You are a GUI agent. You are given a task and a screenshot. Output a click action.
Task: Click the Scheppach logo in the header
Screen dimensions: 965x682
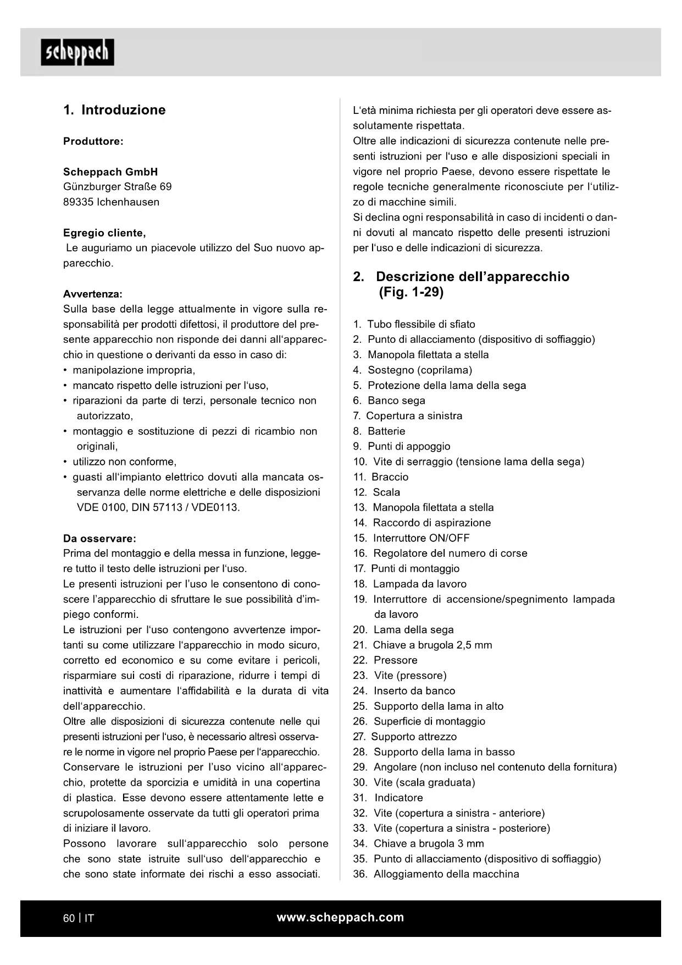(77, 52)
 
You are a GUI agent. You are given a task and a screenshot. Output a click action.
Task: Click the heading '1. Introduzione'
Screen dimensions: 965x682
(114, 110)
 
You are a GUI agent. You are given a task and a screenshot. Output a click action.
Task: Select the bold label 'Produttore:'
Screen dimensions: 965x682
(93, 141)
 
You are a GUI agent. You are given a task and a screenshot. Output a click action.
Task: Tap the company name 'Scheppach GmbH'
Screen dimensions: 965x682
(110, 172)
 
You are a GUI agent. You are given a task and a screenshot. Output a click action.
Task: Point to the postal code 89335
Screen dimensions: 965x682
(78, 202)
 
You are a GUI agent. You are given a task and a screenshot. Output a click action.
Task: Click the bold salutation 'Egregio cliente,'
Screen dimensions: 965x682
(104, 233)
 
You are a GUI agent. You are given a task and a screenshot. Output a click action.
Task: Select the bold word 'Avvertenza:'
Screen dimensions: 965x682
(93, 294)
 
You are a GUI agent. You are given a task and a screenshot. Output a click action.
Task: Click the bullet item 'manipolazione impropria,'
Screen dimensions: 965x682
(134, 370)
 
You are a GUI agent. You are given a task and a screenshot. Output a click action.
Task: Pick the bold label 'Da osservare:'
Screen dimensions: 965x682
(99, 538)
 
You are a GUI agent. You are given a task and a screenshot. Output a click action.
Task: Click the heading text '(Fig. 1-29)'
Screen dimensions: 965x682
(411, 292)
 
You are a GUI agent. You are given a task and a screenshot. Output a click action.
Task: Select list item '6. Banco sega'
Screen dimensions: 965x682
(389, 401)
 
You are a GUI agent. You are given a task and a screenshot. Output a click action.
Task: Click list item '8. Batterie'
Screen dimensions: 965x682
(379, 431)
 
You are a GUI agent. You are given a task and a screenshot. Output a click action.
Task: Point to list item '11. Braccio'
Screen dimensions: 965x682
(381, 477)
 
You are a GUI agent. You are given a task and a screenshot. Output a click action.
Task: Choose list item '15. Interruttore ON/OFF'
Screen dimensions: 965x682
(412, 538)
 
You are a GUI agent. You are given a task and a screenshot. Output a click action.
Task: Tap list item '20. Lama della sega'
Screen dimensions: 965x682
(403, 629)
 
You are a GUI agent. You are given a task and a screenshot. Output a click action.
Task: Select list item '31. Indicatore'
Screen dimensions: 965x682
(389, 798)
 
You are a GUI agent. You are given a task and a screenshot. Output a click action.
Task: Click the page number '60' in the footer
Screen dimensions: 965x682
(69, 918)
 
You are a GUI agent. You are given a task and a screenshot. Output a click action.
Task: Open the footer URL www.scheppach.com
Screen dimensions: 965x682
(340, 917)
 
